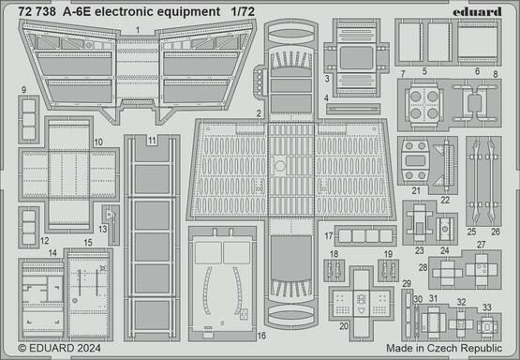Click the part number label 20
345,326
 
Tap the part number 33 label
487,307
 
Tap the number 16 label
262,335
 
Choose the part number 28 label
424,268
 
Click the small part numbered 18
334,270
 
